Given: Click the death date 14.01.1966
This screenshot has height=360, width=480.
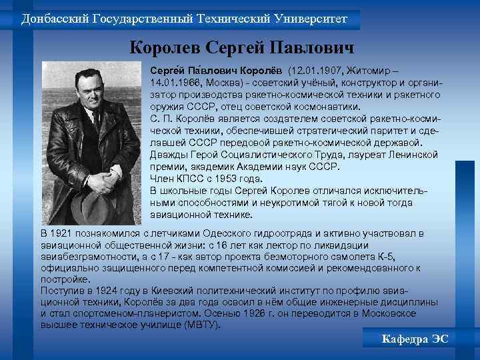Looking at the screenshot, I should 174,83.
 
